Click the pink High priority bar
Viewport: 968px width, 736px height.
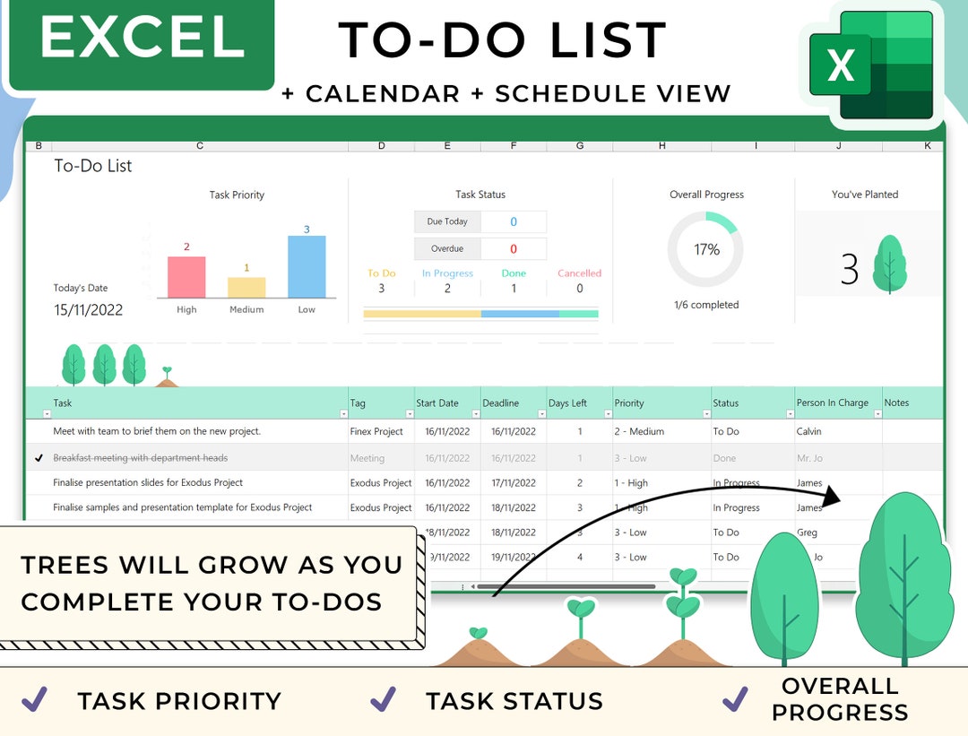point(186,277)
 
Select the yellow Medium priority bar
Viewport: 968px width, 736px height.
point(246,287)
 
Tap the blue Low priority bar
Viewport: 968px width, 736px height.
point(307,266)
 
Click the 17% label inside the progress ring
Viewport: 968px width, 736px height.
point(706,250)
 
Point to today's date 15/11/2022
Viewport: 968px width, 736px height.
point(88,310)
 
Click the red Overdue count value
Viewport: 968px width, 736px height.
point(514,249)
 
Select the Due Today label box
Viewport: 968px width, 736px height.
point(447,221)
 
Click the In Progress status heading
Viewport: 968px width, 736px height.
point(448,273)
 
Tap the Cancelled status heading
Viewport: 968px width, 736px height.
point(579,273)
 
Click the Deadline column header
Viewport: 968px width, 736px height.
point(501,403)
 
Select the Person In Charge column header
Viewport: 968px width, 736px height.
point(832,403)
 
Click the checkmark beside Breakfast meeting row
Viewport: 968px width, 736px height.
point(39,458)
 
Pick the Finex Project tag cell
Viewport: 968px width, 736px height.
point(376,431)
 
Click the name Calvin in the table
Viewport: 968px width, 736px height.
point(808,431)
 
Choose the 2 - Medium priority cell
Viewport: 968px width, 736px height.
point(639,431)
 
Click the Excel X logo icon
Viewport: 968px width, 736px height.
point(840,65)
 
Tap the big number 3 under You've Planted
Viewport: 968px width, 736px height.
point(849,270)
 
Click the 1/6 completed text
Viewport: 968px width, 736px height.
point(706,305)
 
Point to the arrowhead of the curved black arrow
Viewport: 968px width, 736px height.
point(834,498)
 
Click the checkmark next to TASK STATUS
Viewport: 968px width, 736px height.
point(384,699)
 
